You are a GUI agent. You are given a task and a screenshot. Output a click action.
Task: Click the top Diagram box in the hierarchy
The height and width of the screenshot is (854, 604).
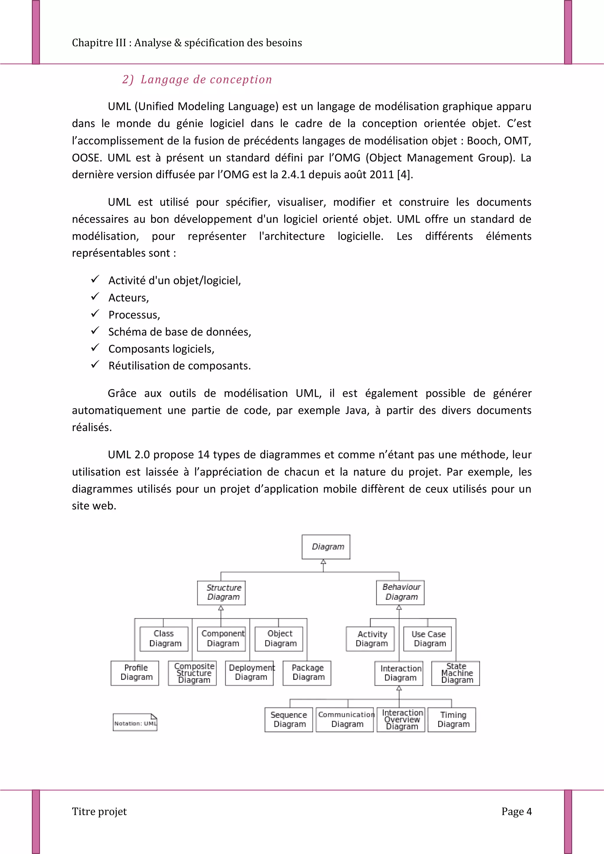(x=326, y=547)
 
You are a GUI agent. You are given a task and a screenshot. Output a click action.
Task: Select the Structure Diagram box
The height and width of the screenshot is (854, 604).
(x=221, y=593)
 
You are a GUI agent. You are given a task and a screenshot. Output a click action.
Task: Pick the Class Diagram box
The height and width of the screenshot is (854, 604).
(x=164, y=639)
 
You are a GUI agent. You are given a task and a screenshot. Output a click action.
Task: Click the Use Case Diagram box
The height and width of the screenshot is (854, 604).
(x=427, y=639)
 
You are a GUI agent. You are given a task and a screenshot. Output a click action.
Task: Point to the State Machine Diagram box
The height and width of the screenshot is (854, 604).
(x=456, y=673)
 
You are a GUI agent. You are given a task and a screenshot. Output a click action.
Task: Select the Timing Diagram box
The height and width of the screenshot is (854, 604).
(x=452, y=719)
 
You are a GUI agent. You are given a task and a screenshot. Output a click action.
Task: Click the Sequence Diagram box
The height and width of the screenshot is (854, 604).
(x=289, y=719)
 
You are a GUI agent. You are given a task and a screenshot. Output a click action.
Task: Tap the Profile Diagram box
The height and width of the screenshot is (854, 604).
(x=135, y=672)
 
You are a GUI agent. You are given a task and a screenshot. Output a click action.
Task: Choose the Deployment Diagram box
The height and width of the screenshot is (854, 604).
(x=249, y=672)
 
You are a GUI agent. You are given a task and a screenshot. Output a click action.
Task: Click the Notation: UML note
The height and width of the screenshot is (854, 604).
(x=135, y=722)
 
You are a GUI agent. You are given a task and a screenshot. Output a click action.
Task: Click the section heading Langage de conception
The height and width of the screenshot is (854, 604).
(x=206, y=80)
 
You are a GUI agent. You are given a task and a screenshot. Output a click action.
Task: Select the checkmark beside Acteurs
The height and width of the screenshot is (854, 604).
(x=95, y=297)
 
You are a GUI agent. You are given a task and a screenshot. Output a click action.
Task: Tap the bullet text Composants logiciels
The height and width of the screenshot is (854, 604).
(x=161, y=349)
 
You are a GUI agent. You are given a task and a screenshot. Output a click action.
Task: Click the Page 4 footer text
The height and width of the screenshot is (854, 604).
(x=516, y=811)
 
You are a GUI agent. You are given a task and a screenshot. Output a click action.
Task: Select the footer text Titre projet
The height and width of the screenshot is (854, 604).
(x=99, y=811)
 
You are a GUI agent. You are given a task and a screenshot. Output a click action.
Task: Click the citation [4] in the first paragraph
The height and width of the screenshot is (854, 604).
(x=405, y=175)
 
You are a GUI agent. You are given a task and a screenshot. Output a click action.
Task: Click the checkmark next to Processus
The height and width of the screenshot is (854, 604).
(x=95, y=314)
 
